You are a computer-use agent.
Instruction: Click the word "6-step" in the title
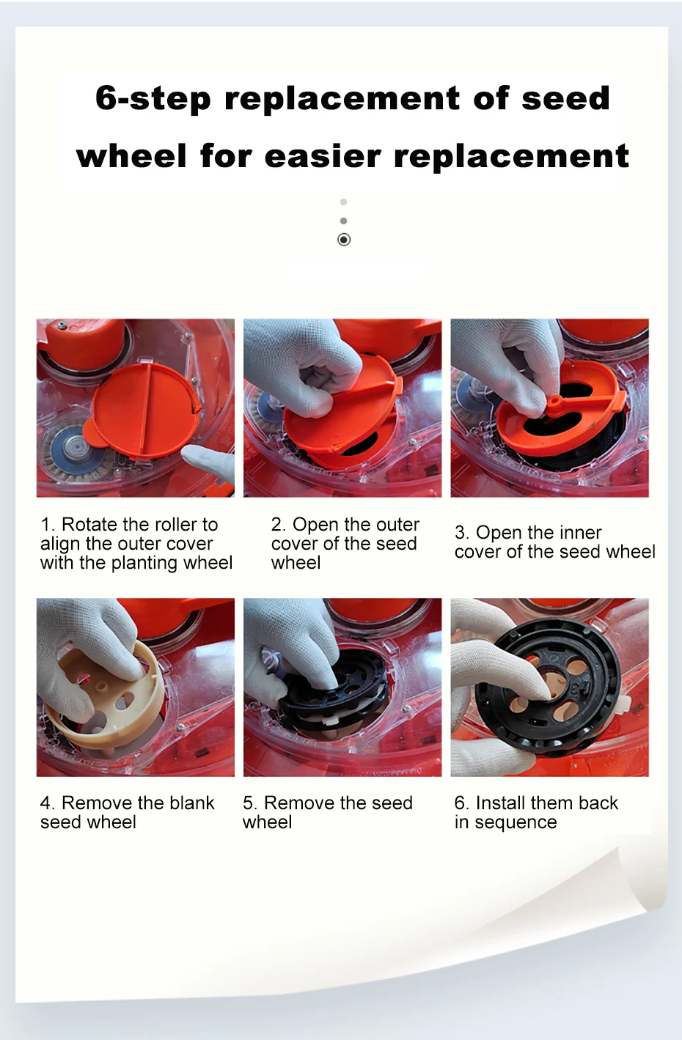[x=153, y=99]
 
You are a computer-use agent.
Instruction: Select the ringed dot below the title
[x=344, y=240]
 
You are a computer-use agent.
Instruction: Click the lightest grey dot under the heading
[x=344, y=202]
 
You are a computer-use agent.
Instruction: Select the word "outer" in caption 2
[x=397, y=524]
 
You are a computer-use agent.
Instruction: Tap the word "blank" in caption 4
[x=192, y=803]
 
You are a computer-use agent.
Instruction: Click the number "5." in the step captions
[x=250, y=803]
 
